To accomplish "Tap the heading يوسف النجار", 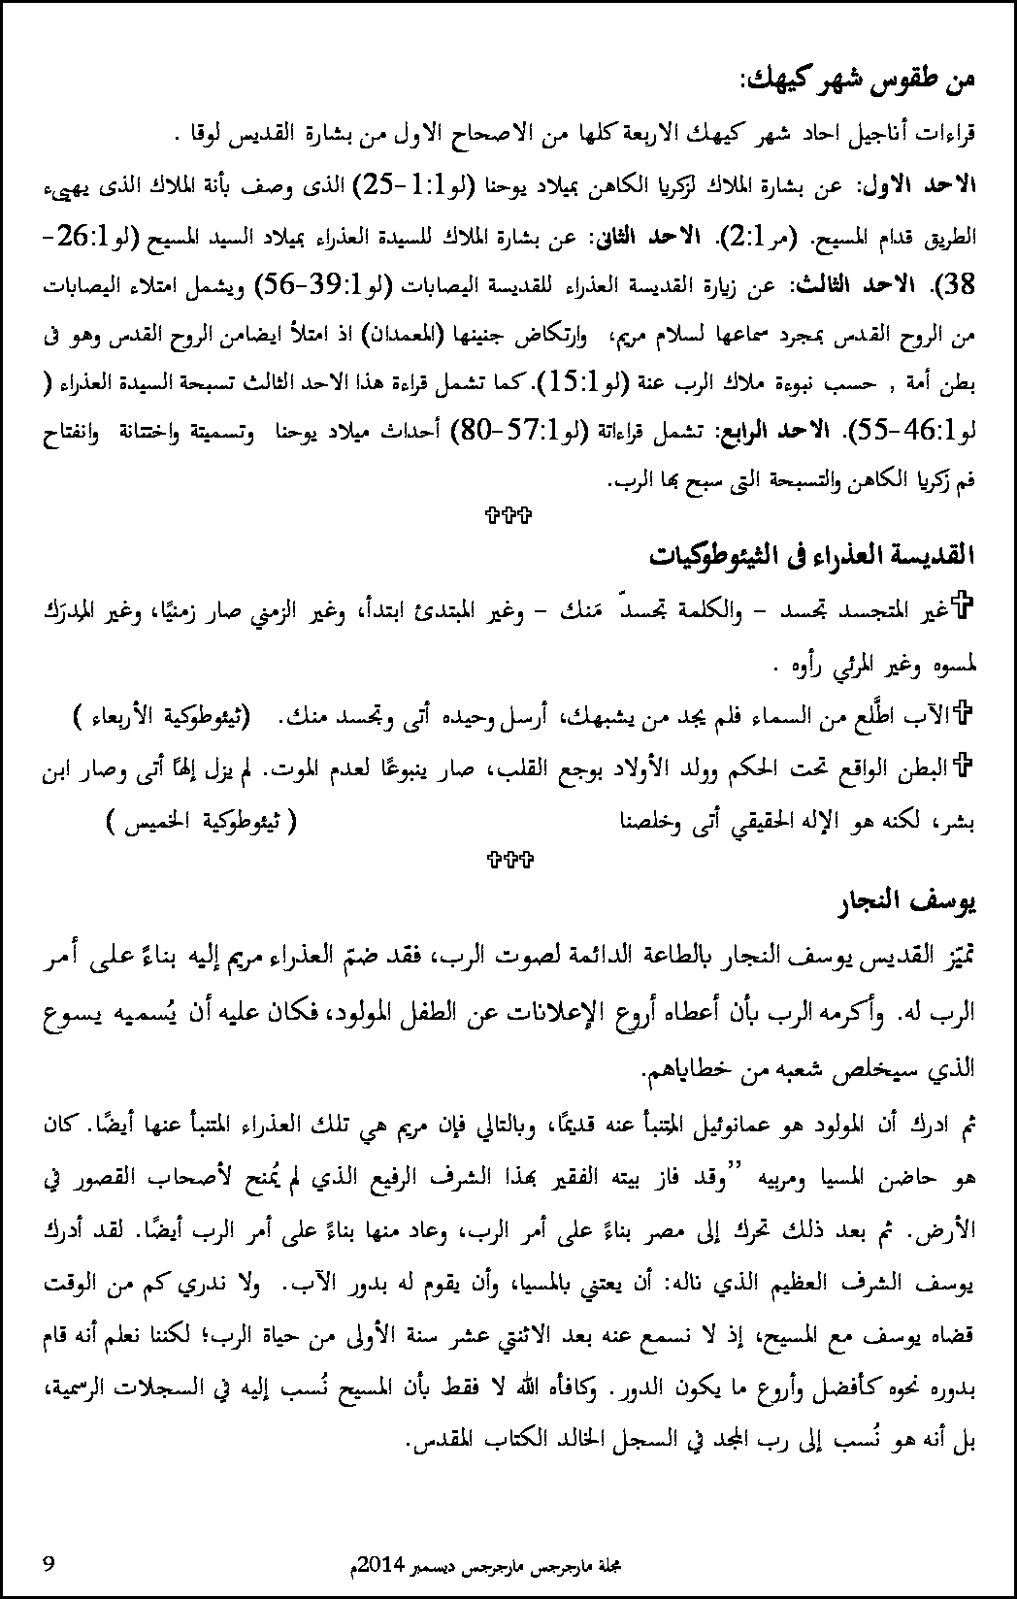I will (x=909, y=902).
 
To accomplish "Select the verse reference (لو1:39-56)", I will (x=324, y=287).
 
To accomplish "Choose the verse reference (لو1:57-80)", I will (x=515, y=430).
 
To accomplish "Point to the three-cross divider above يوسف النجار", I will (x=508, y=858).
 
